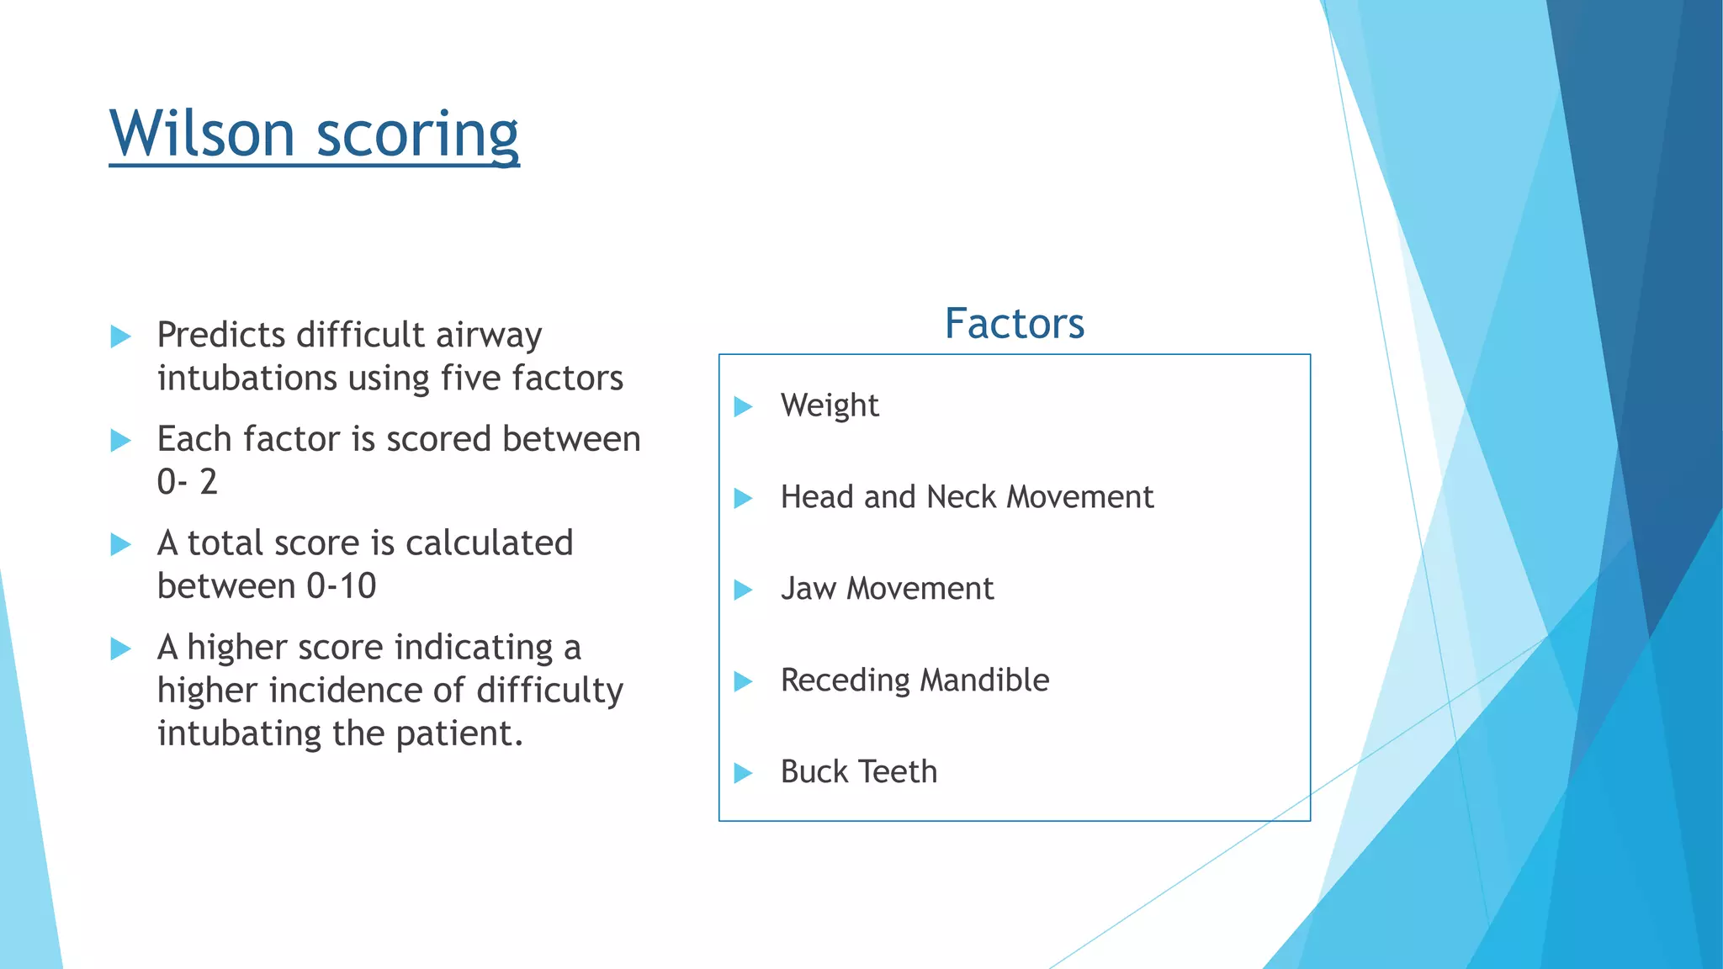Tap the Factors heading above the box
click(x=1014, y=324)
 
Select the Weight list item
click(x=829, y=405)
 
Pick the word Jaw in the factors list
click(x=808, y=589)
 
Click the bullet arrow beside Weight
click(x=742, y=407)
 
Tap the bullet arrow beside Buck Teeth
click(x=742, y=773)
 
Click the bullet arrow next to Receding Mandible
click(x=742, y=681)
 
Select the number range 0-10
click(x=341, y=586)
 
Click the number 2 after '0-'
click(x=208, y=482)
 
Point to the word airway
click(x=489, y=336)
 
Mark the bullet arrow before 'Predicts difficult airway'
click(x=120, y=337)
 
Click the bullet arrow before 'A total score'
click(x=120, y=545)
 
